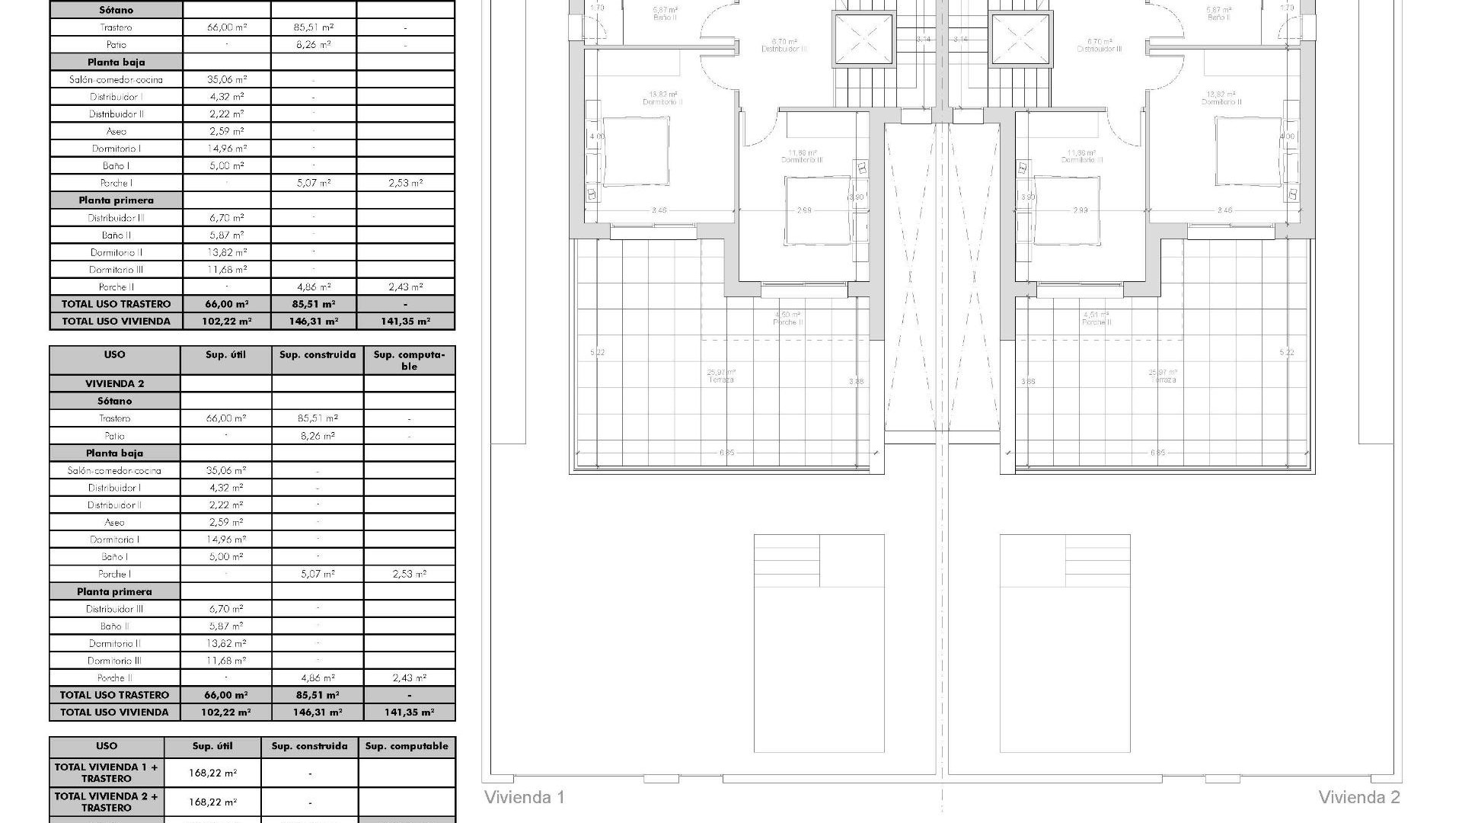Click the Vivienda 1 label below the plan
point(525,797)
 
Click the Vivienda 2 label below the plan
point(1358,797)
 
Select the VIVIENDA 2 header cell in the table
point(114,383)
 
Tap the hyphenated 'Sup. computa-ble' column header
point(409,360)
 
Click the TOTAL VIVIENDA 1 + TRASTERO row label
point(107,773)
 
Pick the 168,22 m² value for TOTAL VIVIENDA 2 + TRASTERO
point(212,802)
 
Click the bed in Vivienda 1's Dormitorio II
point(636,151)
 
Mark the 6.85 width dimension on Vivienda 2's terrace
point(1157,453)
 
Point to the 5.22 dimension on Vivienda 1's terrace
point(598,352)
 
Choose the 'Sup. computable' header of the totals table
point(407,746)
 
